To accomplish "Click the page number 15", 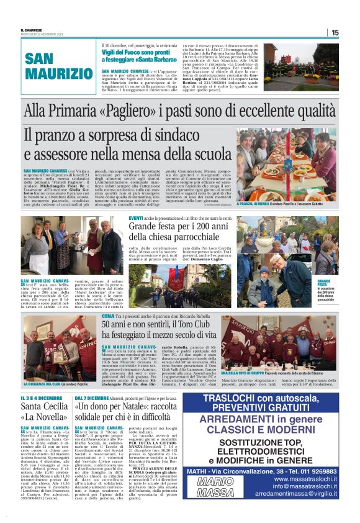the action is click(352, 32).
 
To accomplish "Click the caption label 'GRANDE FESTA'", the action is click(325, 282).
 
